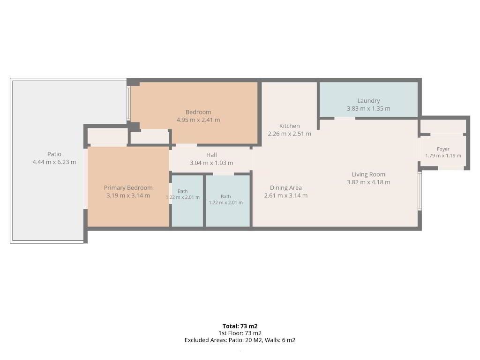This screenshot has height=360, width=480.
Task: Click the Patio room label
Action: tap(54, 154)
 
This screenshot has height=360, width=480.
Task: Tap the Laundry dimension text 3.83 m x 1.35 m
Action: tap(368, 109)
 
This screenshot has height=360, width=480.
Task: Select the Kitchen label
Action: tap(289, 126)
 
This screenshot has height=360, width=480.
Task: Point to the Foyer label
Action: tap(443, 149)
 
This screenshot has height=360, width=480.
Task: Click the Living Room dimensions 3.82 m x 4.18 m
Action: tap(368, 182)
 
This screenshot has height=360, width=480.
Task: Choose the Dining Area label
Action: tap(285, 188)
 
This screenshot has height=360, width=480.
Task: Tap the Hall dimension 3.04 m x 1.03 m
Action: tap(211, 163)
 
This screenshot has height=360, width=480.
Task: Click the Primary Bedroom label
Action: tap(128, 188)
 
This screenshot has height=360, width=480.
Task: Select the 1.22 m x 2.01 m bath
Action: tap(187, 201)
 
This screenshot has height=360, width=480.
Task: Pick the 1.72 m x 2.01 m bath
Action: tap(228, 201)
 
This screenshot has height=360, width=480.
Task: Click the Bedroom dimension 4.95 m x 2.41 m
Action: tap(198, 120)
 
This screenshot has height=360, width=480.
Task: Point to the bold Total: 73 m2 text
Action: tap(240, 326)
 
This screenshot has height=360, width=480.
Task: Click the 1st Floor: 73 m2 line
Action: tap(240, 333)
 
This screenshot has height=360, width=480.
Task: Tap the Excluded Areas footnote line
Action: tap(240, 340)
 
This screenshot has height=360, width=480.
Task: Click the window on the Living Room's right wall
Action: tap(420, 191)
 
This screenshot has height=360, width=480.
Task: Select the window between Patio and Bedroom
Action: tap(129, 103)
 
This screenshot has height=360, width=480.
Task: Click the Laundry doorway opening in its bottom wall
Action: tap(345, 119)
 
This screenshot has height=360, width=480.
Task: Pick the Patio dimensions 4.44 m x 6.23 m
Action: tap(54, 162)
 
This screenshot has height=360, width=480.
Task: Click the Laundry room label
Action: tap(368, 101)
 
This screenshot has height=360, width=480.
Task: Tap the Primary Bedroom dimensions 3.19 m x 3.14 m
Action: tap(128, 195)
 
